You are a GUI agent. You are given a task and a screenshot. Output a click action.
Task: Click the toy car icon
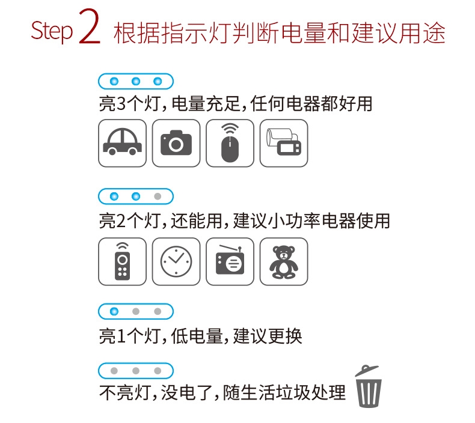(123, 142)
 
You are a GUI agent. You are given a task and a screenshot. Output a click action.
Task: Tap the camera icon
(176, 143)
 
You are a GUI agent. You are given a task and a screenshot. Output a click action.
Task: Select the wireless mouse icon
(230, 143)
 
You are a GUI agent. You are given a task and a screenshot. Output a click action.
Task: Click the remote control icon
(123, 261)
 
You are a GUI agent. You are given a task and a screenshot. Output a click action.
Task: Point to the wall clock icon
(176, 261)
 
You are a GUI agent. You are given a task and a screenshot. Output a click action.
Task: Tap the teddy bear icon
(284, 262)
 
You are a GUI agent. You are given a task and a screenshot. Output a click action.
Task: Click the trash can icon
(369, 386)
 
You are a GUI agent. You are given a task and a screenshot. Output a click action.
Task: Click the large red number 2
(90, 26)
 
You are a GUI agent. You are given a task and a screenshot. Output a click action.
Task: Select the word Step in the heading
(52, 31)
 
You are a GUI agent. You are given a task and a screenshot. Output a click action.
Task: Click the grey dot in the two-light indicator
(158, 196)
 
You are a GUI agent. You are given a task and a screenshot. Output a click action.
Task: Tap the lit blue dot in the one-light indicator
(114, 311)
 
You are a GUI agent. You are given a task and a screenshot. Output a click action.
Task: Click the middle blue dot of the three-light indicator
(136, 81)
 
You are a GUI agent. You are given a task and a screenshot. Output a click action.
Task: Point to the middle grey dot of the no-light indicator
(136, 371)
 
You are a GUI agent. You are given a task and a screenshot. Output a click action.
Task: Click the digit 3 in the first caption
(121, 104)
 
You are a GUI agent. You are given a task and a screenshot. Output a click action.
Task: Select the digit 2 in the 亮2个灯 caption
(121, 221)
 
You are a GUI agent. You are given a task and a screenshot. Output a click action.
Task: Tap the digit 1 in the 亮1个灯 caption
(121, 336)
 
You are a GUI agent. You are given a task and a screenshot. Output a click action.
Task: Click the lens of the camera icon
(176, 144)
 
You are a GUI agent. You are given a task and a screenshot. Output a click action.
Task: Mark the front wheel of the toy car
(132, 151)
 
